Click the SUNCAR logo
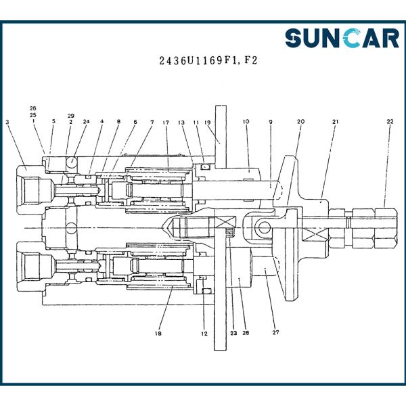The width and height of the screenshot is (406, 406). [342, 38]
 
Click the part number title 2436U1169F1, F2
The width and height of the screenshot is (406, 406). [208, 61]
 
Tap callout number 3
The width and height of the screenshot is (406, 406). [7, 122]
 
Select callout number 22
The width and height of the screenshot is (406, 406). [390, 121]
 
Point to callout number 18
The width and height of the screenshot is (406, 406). [158, 333]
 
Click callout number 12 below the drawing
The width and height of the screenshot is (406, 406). [204, 334]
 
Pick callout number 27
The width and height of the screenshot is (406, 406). [276, 332]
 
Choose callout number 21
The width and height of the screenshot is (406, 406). [336, 121]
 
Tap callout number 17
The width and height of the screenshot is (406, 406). [166, 122]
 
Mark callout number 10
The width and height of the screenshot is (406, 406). [246, 121]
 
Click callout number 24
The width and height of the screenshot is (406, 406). [86, 121]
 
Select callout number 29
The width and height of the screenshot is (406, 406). [70, 116]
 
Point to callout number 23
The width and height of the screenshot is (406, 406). [233, 333]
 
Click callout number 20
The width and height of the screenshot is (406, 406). [300, 121]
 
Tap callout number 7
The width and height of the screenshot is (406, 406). [152, 122]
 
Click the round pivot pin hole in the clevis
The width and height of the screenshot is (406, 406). [264, 227]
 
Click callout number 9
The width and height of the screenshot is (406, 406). [271, 122]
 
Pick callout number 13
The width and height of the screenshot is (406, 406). [181, 122]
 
